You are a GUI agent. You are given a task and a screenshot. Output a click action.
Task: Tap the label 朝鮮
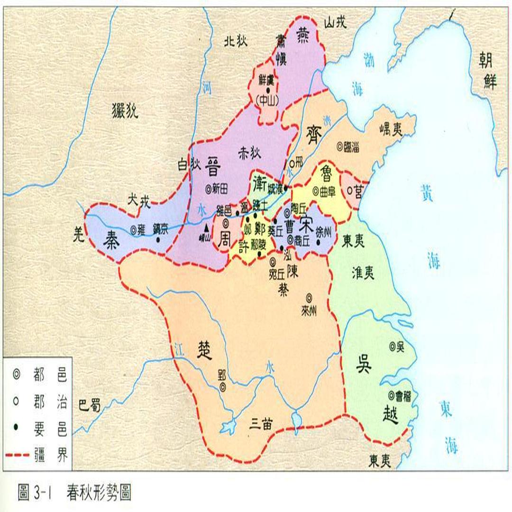tap(489, 71)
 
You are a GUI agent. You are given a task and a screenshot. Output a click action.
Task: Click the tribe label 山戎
tap(335, 22)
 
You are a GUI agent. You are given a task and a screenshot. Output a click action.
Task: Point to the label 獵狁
tap(125, 111)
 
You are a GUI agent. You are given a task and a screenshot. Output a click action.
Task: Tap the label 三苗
tap(261, 425)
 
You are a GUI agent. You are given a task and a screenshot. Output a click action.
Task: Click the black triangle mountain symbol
tap(206, 227)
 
